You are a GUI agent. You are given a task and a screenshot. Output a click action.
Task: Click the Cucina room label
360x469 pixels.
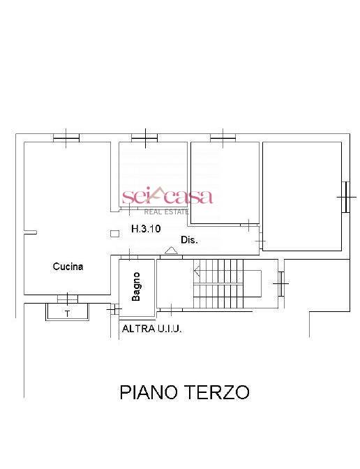point(68,266)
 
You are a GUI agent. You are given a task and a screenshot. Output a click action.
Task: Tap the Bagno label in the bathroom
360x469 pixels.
point(137,286)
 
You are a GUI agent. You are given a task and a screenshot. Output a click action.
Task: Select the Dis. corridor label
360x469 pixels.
point(190,239)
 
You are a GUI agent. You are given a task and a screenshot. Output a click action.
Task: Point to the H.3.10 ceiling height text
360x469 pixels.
point(146,228)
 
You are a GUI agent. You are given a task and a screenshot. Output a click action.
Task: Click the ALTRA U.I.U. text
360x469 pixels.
point(151,328)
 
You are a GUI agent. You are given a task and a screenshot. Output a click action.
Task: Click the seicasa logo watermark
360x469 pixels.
point(167,197)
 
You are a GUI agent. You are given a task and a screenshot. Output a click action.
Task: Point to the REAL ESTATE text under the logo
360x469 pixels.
point(167,210)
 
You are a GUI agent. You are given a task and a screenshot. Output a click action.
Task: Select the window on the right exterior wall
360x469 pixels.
point(344,196)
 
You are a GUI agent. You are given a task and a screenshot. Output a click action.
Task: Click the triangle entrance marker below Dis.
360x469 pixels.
point(170,249)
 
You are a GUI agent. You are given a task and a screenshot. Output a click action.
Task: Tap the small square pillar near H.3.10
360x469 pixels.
point(114,234)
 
